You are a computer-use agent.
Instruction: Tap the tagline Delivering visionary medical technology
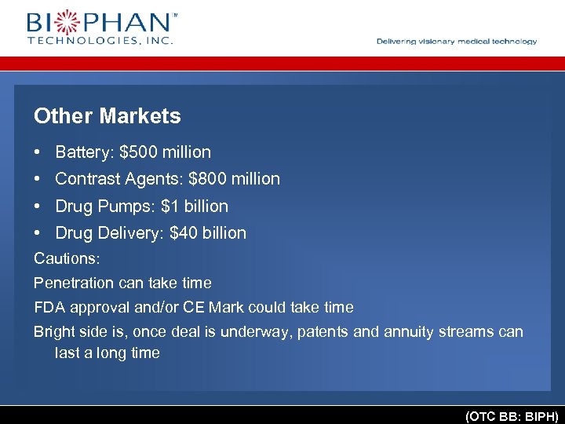pyautogui.click(x=457, y=42)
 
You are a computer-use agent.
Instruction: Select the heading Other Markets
pyautogui.click(x=108, y=116)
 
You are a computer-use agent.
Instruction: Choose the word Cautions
pyautogui.click(x=65, y=258)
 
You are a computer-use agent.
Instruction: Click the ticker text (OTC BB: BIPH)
pyautogui.click(x=512, y=415)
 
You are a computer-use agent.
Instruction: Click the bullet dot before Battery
pyautogui.click(x=38, y=152)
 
